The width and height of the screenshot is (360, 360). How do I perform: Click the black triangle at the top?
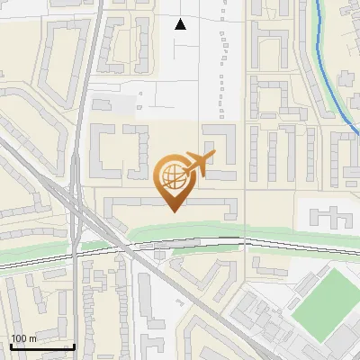181,24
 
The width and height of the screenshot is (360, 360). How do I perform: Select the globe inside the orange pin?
170,174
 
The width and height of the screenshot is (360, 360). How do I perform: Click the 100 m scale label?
22,338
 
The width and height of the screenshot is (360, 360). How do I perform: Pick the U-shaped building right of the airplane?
221,149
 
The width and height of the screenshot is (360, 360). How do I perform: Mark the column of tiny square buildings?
222,72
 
